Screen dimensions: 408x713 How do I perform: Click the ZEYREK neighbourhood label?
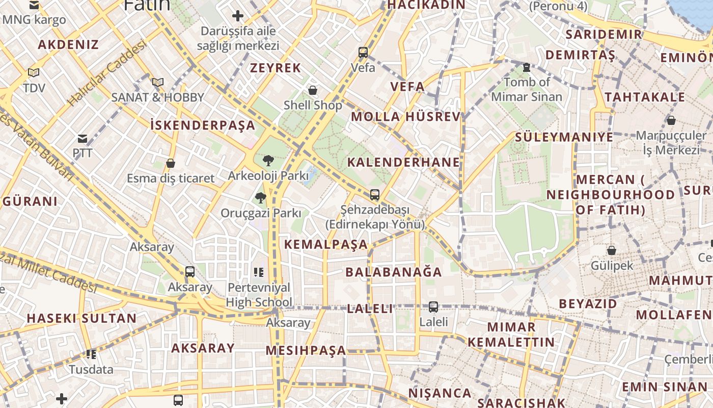click(x=276, y=68)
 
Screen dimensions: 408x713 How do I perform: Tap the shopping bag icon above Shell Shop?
click(x=313, y=90)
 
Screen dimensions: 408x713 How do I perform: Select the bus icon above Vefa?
click(x=363, y=52)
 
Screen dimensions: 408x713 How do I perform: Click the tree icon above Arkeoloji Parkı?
click(x=268, y=161)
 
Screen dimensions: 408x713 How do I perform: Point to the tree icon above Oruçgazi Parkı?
click(x=261, y=198)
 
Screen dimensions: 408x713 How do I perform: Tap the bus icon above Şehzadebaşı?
click(x=375, y=194)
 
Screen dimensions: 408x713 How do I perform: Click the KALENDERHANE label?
click(x=403, y=162)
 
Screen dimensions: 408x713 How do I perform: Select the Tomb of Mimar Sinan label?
click(x=527, y=89)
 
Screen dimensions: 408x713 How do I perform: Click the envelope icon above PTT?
click(x=83, y=139)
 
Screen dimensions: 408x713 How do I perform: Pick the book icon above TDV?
click(x=34, y=73)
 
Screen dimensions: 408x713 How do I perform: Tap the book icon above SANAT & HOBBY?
click(x=158, y=82)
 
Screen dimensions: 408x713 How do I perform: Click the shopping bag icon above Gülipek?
click(x=612, y=250)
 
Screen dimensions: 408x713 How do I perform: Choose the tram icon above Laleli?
click(x=433, y=307)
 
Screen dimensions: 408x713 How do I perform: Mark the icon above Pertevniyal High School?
click(x=258, y=272)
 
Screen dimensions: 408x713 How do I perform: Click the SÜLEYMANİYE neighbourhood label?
click(x=564, y=137)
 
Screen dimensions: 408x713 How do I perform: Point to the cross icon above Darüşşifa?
click(x=238, y=16)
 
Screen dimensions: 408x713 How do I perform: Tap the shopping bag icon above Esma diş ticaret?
click(x=171, y=163)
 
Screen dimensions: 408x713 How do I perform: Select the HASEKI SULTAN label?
click(x=81, y=318)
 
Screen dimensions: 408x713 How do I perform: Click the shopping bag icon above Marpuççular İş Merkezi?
click(x=671, y=120)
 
